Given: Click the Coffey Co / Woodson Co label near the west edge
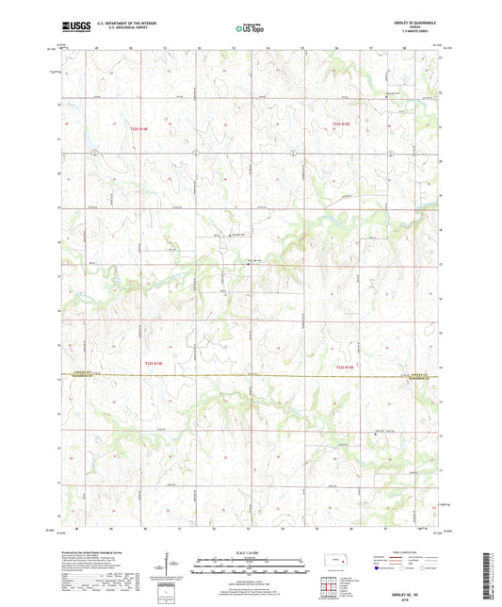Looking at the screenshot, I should [85, 375].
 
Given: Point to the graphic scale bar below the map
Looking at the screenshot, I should [251, 565].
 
